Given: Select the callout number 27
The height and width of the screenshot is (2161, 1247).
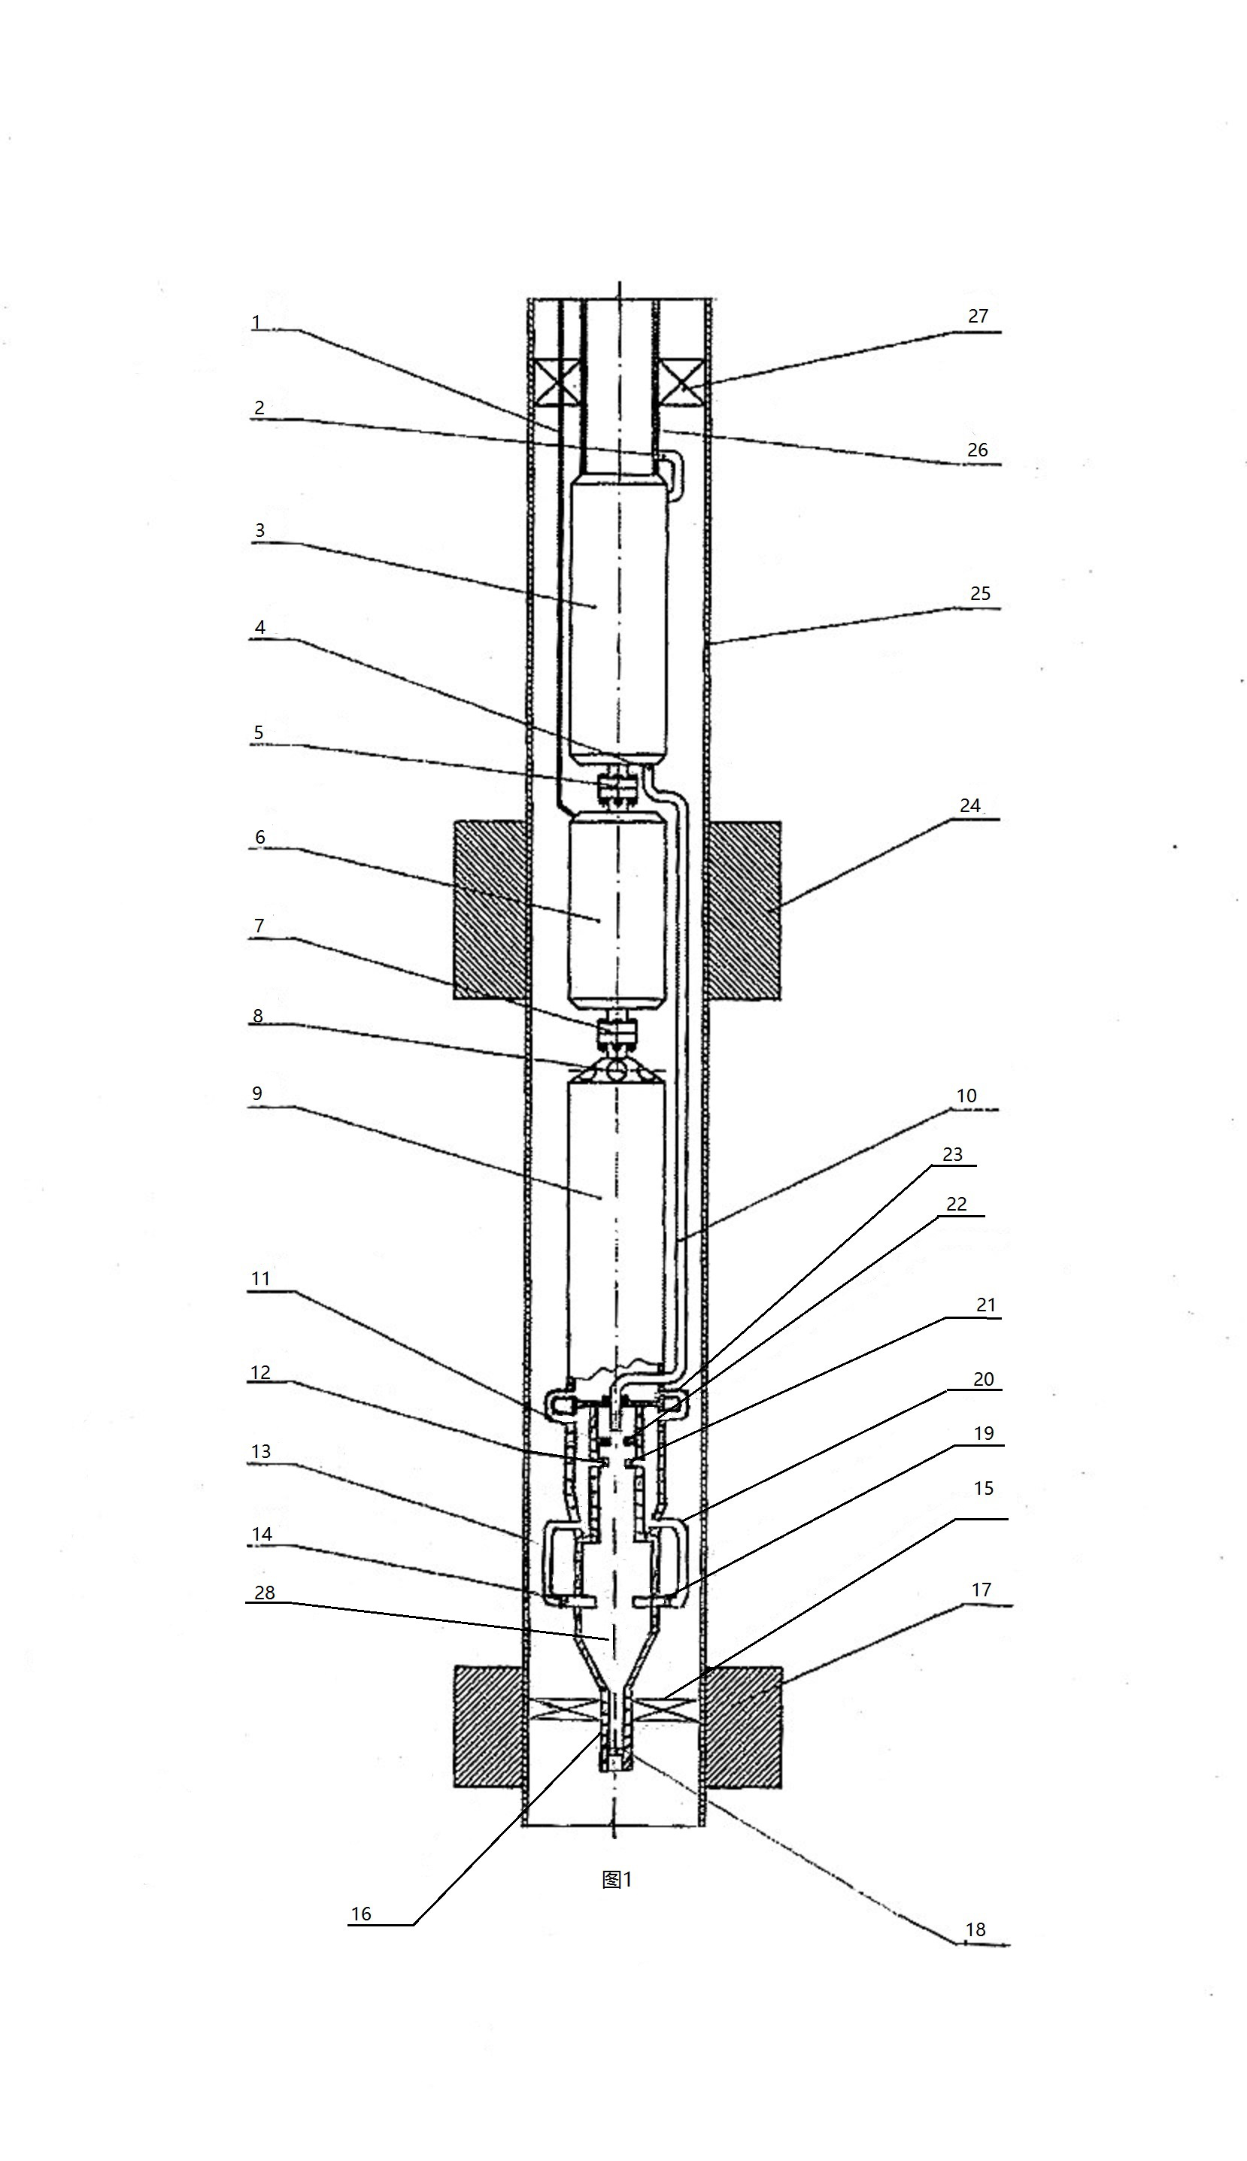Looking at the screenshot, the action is [978, 316].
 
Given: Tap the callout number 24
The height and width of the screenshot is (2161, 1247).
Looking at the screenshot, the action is [969, 805].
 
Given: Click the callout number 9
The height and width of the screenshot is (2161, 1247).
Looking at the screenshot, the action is [257, 1093].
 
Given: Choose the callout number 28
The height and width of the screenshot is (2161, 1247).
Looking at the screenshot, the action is [265, 1592].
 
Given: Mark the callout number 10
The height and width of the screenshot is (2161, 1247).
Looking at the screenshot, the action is [966, 1096].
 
